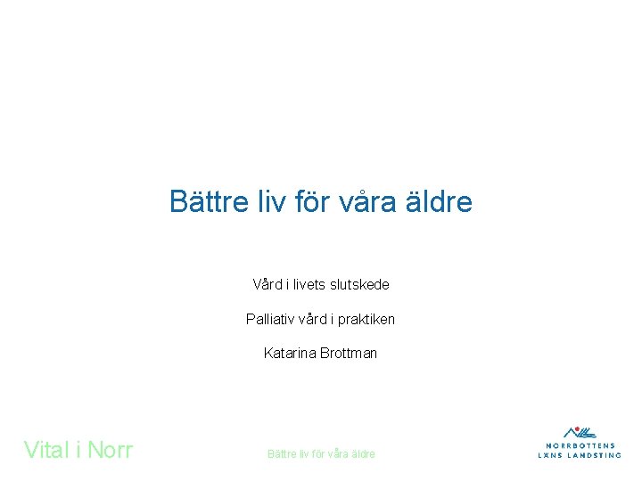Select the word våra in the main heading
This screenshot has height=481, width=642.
coord(366,202)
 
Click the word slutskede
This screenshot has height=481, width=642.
coord(359,285)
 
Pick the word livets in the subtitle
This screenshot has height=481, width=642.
coord(306,285)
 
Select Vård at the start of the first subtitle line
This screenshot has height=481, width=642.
coord(267,285)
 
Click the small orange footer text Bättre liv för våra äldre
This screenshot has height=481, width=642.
coord(321,453)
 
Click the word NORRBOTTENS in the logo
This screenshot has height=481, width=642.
coord(580,445)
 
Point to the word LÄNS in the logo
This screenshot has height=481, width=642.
coord(550,454)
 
